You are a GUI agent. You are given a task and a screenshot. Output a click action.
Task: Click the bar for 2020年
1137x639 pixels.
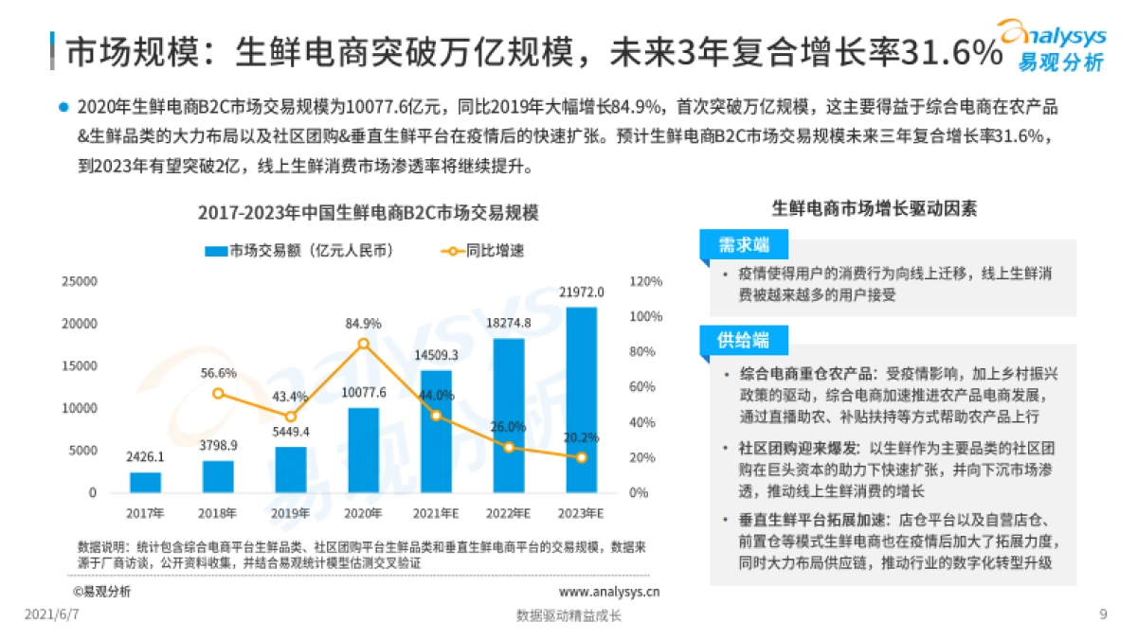point(364,450)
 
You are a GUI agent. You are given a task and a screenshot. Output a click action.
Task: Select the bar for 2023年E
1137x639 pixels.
point(581,399)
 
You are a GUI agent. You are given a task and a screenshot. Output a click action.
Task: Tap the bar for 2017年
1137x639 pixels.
point(146,482)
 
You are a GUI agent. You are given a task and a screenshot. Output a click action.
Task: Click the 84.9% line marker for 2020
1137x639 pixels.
point(364,344)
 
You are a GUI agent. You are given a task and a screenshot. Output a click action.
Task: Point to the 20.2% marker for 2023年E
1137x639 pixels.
point(581,457)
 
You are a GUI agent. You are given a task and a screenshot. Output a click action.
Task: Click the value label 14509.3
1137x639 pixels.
point(436,355)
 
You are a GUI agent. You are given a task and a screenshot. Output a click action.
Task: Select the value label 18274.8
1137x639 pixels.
point(509,323)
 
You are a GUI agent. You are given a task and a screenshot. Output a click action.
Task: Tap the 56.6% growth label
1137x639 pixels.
point(219,373)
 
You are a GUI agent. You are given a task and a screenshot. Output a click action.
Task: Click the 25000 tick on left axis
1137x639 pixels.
point(79,281)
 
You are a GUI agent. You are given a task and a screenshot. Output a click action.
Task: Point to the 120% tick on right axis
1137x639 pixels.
point(645,281)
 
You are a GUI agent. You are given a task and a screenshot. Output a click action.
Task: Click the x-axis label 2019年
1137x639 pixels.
point(291,513)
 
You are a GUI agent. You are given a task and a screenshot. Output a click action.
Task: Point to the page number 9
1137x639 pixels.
point(1103,614)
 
